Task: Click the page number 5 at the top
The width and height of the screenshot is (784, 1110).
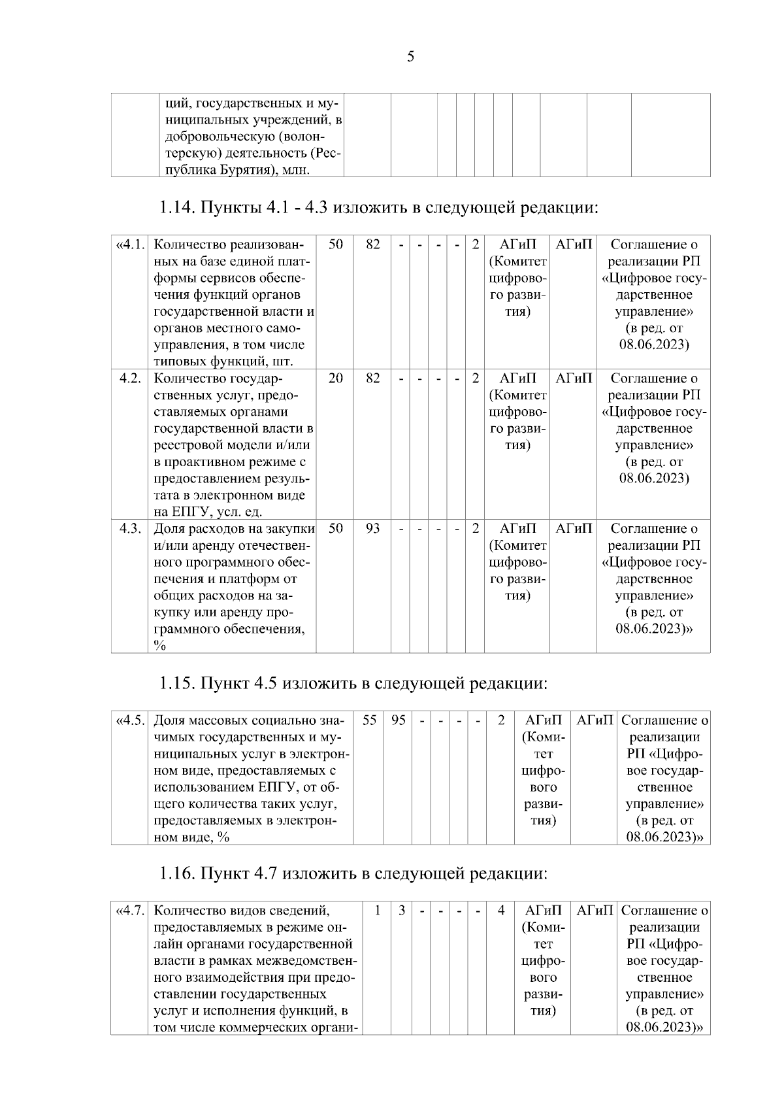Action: coord(410,57)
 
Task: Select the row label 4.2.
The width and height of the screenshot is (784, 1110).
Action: coord(131,378)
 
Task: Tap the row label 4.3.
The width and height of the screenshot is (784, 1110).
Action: coord(131,528)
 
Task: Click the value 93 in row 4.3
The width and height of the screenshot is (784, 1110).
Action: coord(372,528)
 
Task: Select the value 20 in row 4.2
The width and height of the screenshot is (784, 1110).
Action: coord(335,378)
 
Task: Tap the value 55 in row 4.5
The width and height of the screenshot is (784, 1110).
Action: coord(369,720)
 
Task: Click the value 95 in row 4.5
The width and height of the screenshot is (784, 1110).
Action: coord(398,720)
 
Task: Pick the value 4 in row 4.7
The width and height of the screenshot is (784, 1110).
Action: coord(501,910)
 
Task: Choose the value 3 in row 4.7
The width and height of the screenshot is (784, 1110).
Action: coord(402,910)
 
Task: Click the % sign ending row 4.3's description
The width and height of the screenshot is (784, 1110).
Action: coord(159,646)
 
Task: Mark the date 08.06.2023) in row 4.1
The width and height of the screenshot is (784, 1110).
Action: coord(653,345)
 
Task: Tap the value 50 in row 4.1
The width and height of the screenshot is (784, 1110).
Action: coord(335,244)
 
